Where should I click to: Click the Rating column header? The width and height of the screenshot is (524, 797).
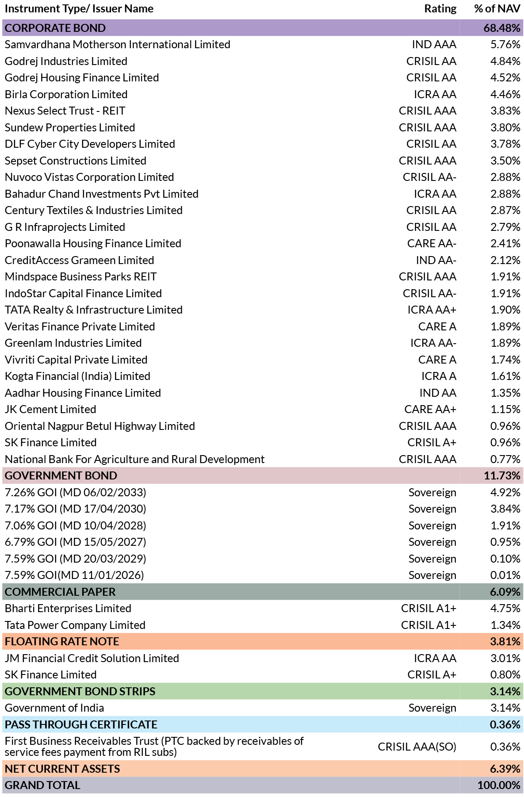(x=440, y=9)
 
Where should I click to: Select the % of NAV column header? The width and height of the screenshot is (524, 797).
(x=497, y=9)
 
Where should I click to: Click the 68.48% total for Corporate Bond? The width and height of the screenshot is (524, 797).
(x=502, y=28)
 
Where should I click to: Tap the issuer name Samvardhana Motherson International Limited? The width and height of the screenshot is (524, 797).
(x=118, y=45)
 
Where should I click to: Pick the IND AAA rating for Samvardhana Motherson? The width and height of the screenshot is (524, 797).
(x=434, y=45)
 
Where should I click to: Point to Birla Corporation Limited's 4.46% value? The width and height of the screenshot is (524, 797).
(x=505, y=94)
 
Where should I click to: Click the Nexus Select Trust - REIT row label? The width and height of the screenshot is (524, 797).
(x=65, y=111)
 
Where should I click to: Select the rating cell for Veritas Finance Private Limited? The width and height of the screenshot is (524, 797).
(x=437, y=326)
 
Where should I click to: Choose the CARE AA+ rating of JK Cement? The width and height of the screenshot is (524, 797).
(x=430, y=410)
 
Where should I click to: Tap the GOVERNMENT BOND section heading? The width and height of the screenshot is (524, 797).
(x=61, y=476)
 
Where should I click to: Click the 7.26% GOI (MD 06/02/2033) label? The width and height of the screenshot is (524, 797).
(x=76, y=493)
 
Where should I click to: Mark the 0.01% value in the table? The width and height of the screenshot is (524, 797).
(x=505, y=575)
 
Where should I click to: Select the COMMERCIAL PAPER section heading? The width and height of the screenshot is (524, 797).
(x=60, y=592)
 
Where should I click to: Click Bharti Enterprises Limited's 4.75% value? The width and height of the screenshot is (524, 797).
(x=505, y=609)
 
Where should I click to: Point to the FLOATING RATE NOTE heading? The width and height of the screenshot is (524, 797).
(x=62, y=642)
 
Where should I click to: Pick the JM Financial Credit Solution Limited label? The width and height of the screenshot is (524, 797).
(x=92, y=658)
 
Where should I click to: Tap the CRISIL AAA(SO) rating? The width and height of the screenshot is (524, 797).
(x=417, y=747)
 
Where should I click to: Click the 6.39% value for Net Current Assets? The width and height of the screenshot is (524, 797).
(x=505, y=769)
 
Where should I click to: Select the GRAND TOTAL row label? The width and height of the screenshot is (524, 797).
(x=42, y=786)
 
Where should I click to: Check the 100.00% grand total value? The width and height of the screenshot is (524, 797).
(x=499, y=786)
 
